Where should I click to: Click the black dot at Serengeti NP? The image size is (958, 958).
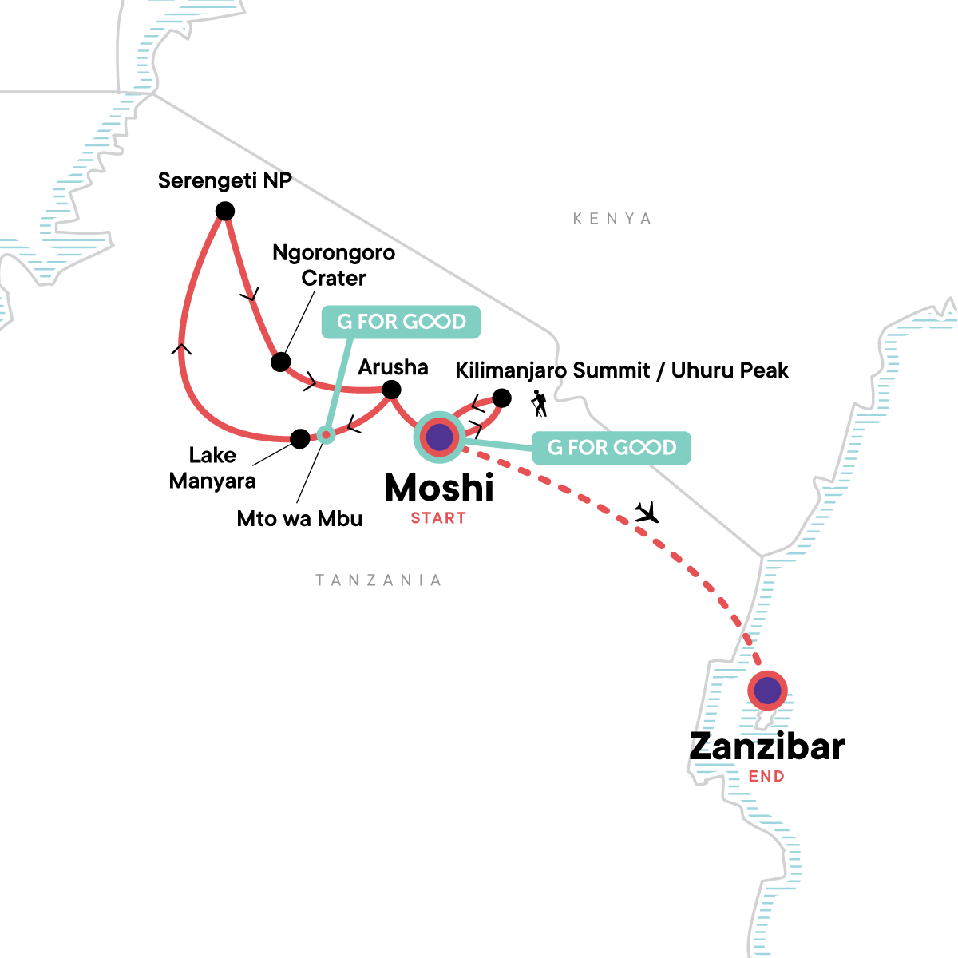click(225, 211)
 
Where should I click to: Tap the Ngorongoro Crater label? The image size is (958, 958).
click(334, 265)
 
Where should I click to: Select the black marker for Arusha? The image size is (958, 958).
click(391, 390)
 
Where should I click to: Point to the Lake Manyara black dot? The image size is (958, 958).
click(299, 438)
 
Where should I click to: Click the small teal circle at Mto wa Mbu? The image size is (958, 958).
click(325, 434)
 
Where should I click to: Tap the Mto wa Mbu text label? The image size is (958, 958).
click(299, 519)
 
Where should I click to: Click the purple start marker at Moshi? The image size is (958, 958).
click(439, 437)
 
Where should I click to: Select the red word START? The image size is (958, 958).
click(438, 518)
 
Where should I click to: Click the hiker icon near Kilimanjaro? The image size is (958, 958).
click(540, 404)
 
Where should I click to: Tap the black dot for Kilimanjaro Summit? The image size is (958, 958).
click(501, 397)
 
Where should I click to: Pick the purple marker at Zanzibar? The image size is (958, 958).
click(767, 691)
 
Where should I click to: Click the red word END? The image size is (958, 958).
click(766, 776)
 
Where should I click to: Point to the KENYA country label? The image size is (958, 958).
click(612, 219)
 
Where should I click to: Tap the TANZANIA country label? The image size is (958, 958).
click(378, 580)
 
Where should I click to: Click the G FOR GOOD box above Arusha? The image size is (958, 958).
click(401, 322)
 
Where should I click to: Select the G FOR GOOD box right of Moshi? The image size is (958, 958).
click(612, 448)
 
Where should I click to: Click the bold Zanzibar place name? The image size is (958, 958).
click(766, 746)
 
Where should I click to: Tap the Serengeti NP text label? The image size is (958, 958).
click(225, 180)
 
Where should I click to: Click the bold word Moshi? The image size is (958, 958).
click(439, 488)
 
